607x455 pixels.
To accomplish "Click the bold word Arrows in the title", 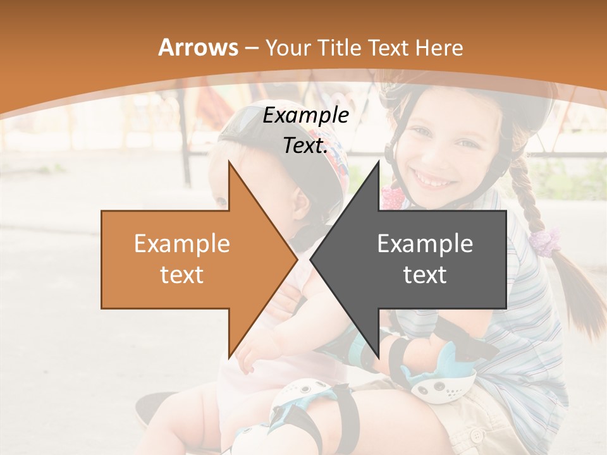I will [199, 47].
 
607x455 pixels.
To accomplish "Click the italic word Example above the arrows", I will [305, 115].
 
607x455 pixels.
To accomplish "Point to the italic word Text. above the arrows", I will [305, 145].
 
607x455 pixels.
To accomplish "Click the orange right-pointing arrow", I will [190, 259].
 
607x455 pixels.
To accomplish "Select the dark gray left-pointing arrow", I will [417, 259].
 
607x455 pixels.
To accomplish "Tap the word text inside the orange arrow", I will [181, 275].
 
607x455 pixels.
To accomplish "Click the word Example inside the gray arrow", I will [425, 244].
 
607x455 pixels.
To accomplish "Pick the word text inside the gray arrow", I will [425, 275].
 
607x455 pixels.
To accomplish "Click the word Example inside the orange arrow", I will [181, 244].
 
